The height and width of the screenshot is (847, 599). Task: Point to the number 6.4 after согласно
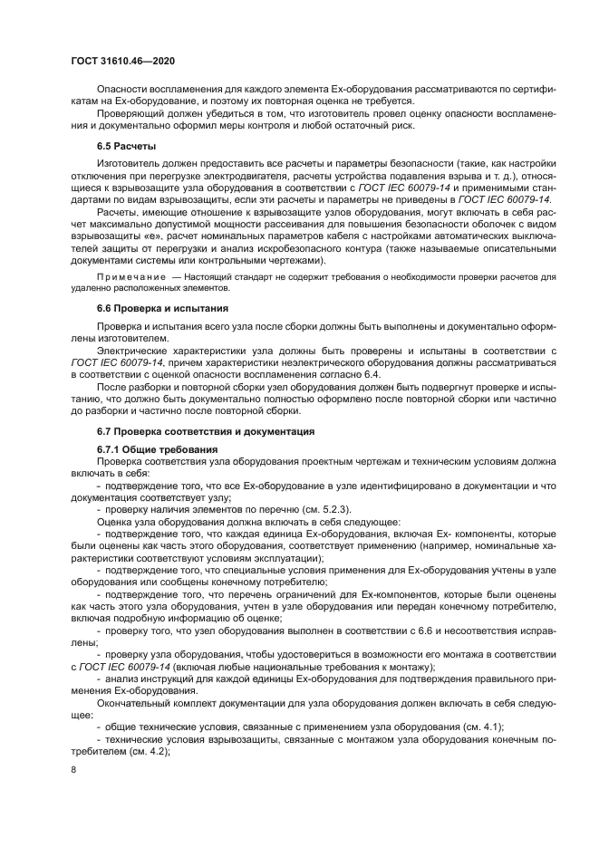(x=372, y=373)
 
